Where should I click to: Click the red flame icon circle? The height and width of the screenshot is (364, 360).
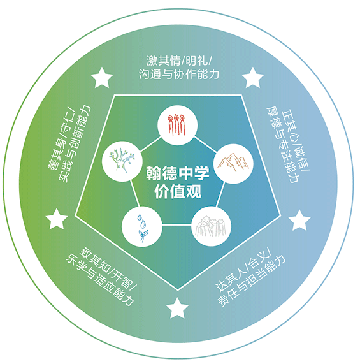click(x=177, y=126)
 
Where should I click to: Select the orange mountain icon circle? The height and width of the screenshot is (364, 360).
click(x=233, y=164)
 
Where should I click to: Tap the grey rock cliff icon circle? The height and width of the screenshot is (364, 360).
click(x=211, y=226)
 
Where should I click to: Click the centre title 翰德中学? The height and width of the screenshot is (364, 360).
click(x=177, y=173)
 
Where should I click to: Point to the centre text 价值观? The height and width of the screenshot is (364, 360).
click(x=178, y=191)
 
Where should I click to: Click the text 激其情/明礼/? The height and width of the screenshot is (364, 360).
click(x=178, y=61)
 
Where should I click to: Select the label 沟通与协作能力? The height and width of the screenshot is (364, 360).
click(x=179, y=74)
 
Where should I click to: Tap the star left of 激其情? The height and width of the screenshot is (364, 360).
click(x=102, y=78)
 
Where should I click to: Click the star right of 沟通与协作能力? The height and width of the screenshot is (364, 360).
click(x=252, y=78)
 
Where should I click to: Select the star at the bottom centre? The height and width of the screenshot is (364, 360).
click(x=177, y=309)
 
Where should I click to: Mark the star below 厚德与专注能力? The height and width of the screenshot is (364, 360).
click(x=299, y=221)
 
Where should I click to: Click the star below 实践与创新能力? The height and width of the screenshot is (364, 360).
click(x=57, y=219)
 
